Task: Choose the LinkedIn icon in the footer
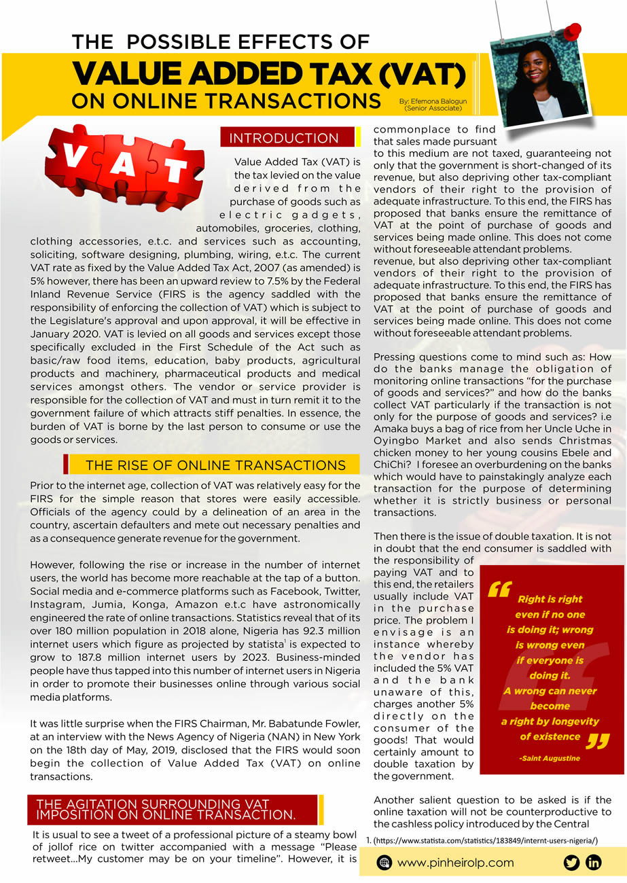(594, 863)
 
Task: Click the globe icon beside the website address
(386, 863)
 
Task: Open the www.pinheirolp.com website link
(455, 863)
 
